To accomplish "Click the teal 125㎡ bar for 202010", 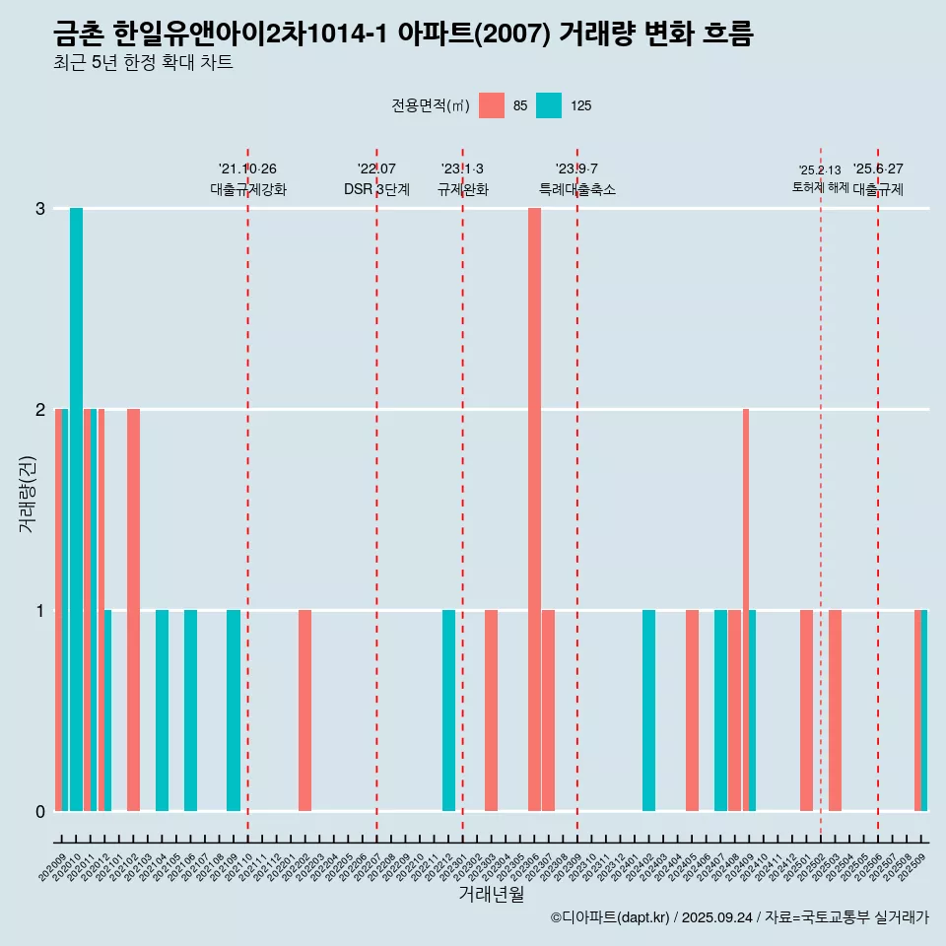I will pyautogui.click(x=76, y=508).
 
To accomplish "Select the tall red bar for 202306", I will pyautogui.click(x=534, y=508).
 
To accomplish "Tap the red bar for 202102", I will pyautogui.click(x=133, y=609).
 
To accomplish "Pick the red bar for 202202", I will pyautogui.click(x=305, y=709).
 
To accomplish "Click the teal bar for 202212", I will pyautogui.click(x=448, y=709).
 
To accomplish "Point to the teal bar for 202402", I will pyautogui.click(x=648, y=709).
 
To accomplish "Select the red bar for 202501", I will pyautogui.click(x=806, y=709).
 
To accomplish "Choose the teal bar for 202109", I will pyautogui.click(x=234, y=709).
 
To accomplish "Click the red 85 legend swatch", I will pyautogui.click(x=492, y=105).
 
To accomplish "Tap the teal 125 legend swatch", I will pyautogui.click(x=549, y=105).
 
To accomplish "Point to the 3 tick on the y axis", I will pyautogui.click(x=40, y=209).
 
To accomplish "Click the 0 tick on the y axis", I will pyautogui.click(x=40, y=811).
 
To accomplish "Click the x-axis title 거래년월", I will pyautogui.click(x=491, y=894).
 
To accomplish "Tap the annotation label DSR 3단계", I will pyautogui.click(x=376, y=189).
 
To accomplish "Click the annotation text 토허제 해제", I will pyautogui.click(x=820, y=186).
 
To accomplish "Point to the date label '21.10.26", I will pyautogui.click(x=247, y=169).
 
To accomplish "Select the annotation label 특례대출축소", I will pyautogui.click(x=577, y=189).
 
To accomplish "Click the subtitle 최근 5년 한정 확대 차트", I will pyautogui.click(x=144, y=63).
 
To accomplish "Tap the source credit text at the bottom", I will pyautogui.click(x=739, y=917).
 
